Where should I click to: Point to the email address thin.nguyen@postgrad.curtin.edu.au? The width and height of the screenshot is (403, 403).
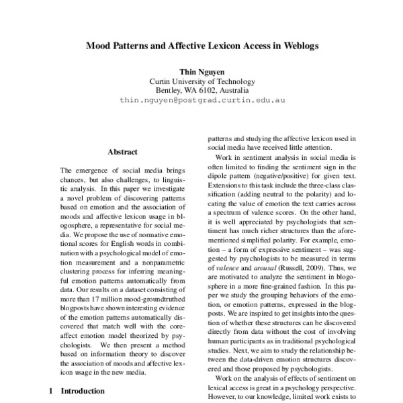pyautogui.click(x=202, y=99)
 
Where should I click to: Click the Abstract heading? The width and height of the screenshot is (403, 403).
pyautogui.click(x=122, y=152)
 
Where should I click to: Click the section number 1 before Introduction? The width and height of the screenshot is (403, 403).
pyautogui.click(x=50, y=390)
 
